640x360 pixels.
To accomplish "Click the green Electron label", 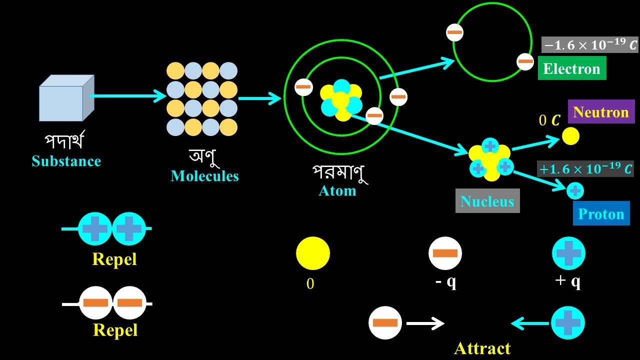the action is click(572, 68).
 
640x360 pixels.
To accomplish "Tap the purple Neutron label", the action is click(601, 111).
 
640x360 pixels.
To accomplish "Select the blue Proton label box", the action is click(601, 214).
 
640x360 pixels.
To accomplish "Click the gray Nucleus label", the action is click(487, 201).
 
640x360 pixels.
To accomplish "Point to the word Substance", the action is click(66, 161).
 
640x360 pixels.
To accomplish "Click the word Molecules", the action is click(204, 176).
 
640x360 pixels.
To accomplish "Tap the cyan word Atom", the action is click(337, 190).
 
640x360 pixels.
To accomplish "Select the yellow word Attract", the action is click(482, 348).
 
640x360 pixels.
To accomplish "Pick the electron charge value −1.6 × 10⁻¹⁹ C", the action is click(590, 45).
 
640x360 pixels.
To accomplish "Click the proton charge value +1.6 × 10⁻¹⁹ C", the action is click(585, 169).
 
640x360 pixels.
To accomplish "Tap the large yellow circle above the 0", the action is click(313, 253).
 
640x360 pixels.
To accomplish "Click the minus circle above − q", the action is click(445, 253).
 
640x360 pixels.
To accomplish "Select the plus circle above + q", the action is click(568, 253).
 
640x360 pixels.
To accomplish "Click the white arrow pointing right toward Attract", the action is click(425, 323).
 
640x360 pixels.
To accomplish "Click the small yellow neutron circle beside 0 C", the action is click(570, 136).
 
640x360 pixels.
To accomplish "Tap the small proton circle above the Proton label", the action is click(575, 190).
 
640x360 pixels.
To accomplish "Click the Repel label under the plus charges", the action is click(114, 259).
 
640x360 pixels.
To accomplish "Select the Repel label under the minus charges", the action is click(115, 330).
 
